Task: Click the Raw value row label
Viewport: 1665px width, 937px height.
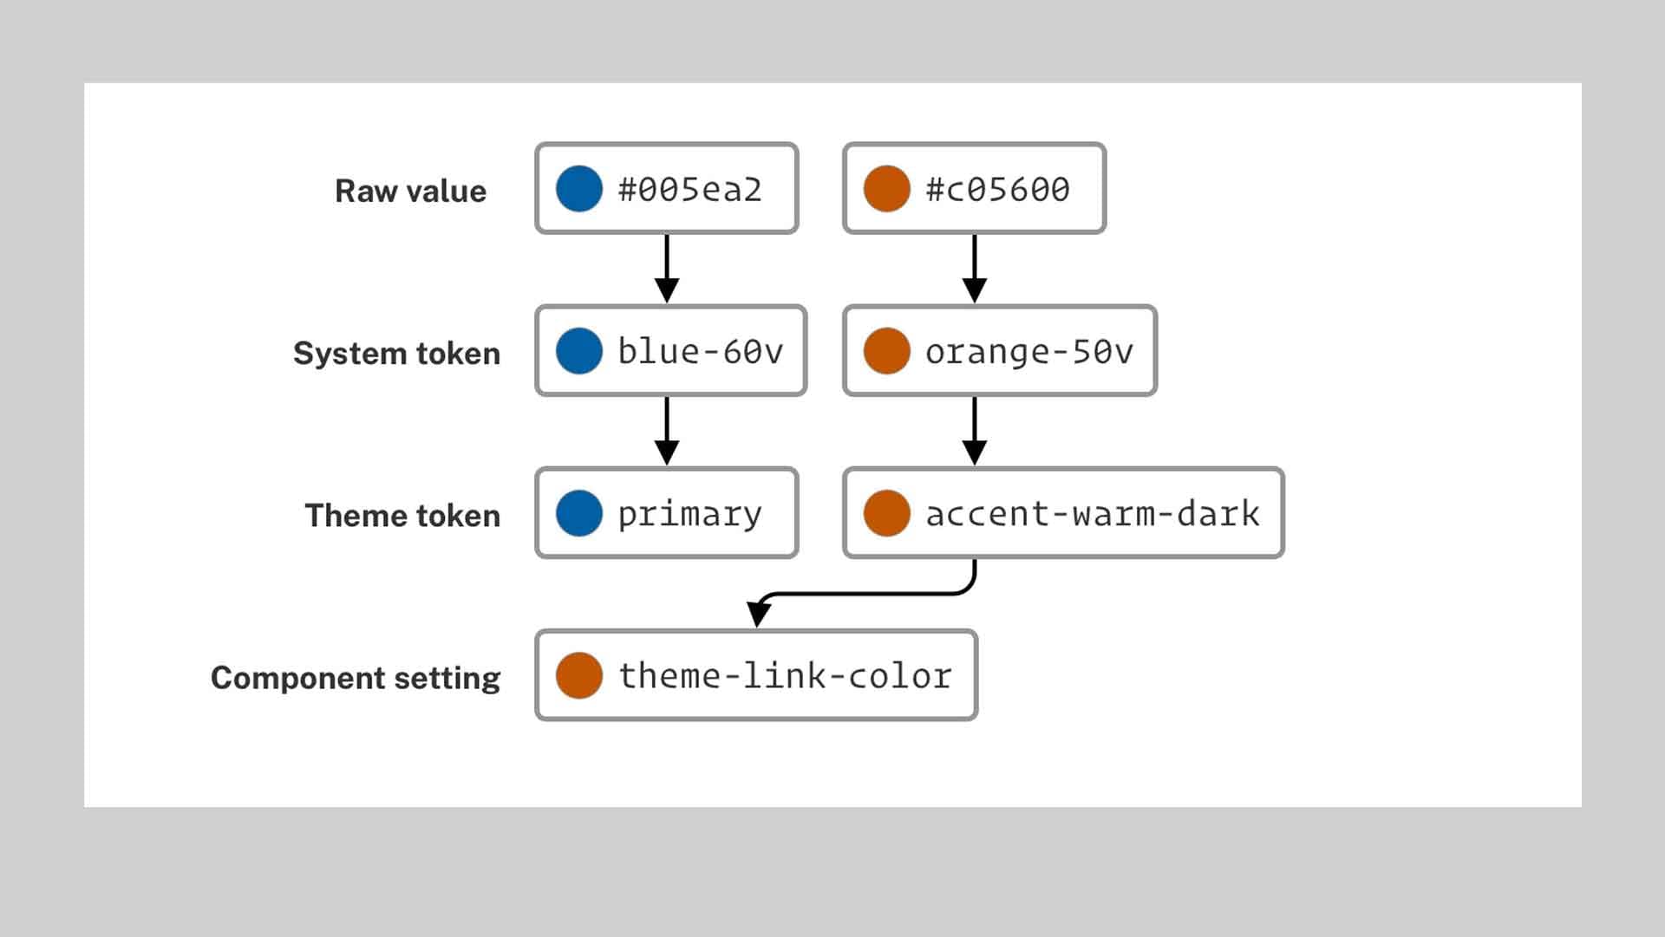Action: [410, 191]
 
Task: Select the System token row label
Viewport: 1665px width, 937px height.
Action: [396, 354]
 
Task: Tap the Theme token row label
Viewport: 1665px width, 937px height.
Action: [402, 516]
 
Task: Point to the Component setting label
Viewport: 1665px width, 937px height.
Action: [356, 678]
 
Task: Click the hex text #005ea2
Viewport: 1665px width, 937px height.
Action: [689, 189]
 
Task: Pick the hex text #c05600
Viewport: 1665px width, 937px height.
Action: [997, 189]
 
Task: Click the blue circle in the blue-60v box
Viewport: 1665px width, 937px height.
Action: [579, 351]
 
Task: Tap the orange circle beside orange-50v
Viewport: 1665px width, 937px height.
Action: [886, 351]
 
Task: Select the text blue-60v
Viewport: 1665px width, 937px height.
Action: [700, 351]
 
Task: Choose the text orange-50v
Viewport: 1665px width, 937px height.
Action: [1028, 351]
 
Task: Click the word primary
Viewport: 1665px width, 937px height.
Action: [689, 514]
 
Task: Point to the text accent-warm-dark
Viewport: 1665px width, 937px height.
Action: [1092, 514]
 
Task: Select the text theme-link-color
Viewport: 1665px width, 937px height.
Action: [785, 676]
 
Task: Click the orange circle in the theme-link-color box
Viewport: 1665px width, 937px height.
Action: [579, 676]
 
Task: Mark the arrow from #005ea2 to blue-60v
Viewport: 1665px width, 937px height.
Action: [666, 269]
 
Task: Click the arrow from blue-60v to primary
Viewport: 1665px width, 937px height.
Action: [666, 431]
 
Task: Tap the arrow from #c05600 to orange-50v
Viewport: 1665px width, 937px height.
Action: [974, 269]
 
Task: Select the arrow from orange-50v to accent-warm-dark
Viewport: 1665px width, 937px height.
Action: [974, 431]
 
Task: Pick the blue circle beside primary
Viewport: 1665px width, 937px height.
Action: [579, 513]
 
